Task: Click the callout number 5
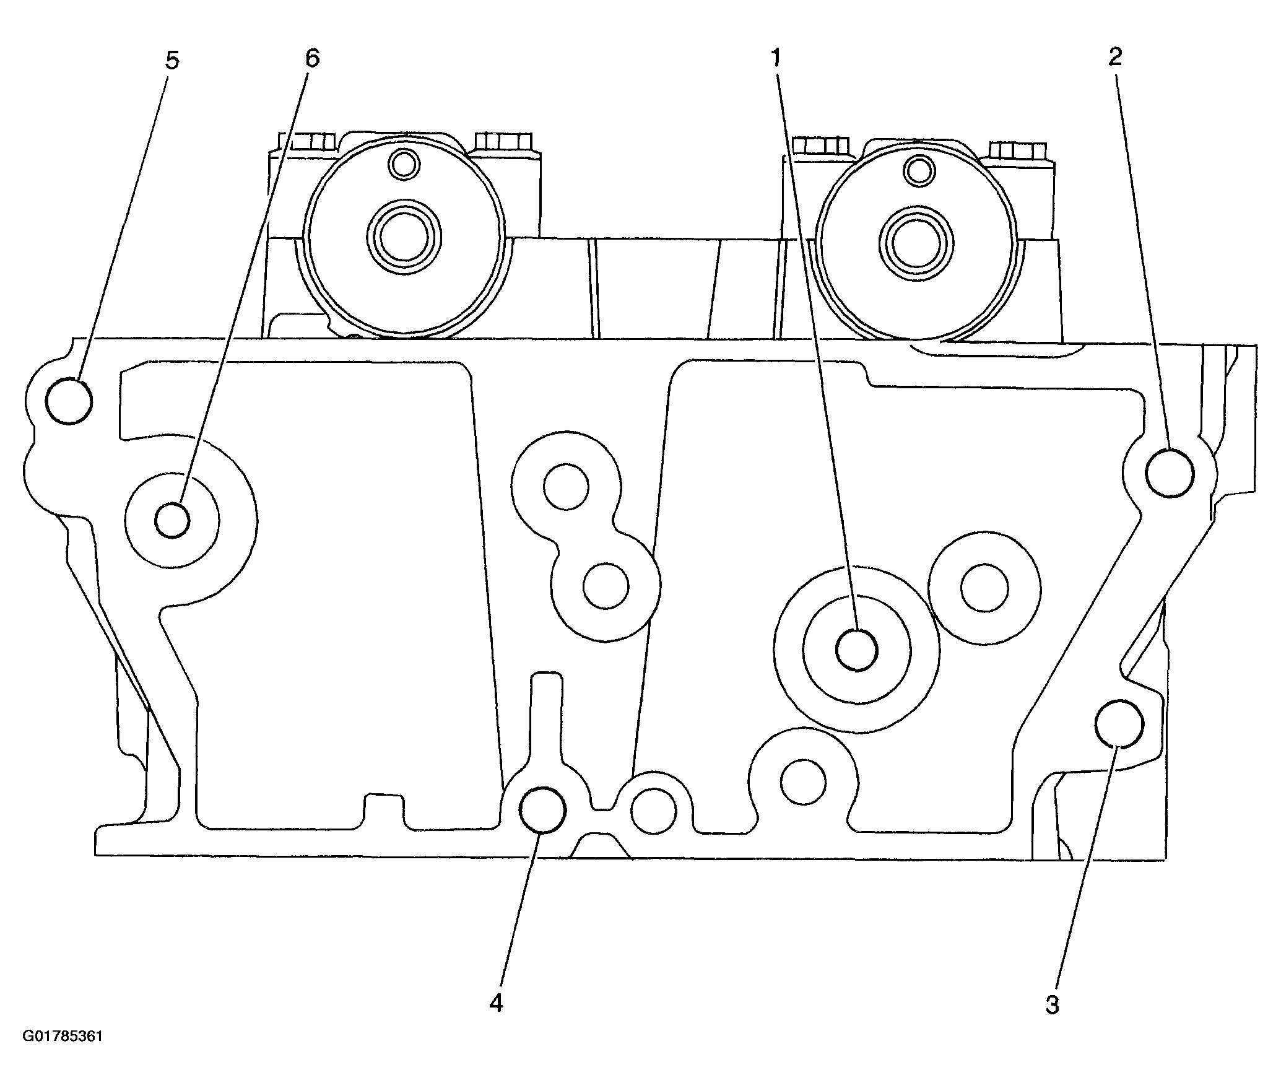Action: coord(172,61)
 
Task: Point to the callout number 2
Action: coord(1114,56)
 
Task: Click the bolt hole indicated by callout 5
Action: coord(69,401)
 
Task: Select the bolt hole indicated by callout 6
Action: coord(172,520)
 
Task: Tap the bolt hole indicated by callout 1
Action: coord(857,650)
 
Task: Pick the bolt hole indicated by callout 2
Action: coord(1170,473)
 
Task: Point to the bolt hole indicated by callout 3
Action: coord(1119,724)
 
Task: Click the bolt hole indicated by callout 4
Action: coord(542,809)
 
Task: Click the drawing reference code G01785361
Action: coord(63,1054)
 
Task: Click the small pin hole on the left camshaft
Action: coord(404,164)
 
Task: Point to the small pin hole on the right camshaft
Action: coord(919,170)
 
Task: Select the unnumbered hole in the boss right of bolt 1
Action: coord(984,587)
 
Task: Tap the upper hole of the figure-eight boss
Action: coord(566,486)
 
